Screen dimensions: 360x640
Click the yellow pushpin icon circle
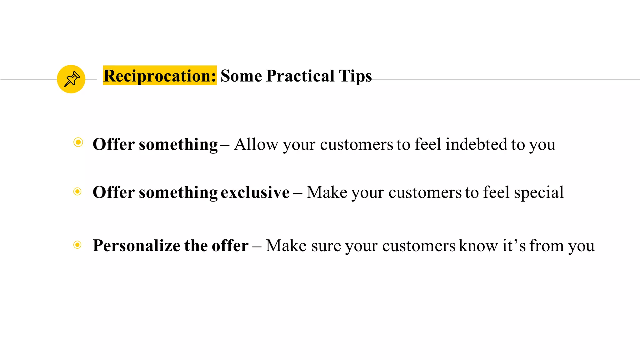(x=71, y=79)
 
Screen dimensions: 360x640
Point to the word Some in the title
(x=241, y=76)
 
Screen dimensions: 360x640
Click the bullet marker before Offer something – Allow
(x=78, y=142)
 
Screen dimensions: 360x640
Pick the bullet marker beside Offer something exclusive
(x=77, y=191)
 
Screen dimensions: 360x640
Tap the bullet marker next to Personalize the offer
(x=77, y=245)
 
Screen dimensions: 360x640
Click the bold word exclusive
(x=255, y=192)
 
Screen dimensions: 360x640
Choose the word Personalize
(x=136, y=246)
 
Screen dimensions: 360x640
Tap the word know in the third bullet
(x=478, y=246)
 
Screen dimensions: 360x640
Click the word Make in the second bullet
(x=327, y=192)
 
